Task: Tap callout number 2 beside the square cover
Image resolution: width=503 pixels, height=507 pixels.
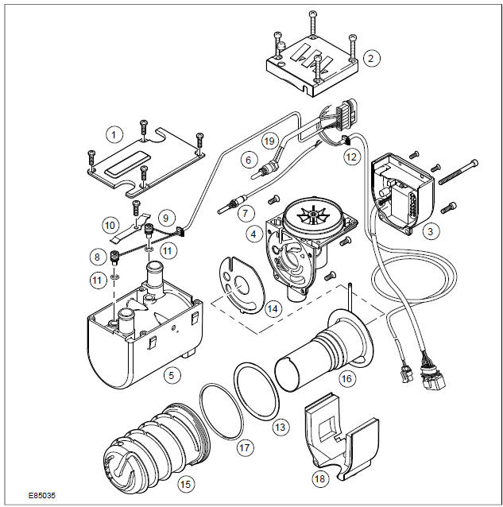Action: point(369,58)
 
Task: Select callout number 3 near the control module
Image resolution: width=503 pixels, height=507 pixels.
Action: point(430,232)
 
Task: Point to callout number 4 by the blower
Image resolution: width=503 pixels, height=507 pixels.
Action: point(253,234)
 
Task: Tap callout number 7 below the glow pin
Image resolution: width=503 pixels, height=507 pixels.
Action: point(245,213)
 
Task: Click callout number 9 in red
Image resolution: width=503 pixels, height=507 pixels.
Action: point(166,216)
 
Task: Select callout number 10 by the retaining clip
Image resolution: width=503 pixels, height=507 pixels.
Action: point(110,226)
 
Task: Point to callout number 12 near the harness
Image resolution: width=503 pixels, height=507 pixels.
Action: point(351,157)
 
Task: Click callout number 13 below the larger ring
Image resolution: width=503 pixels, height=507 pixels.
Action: point(278,427)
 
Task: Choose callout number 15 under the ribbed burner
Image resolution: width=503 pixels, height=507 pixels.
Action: point(186,482)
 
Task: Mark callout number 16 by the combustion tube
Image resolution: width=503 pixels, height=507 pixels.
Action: point(346,379)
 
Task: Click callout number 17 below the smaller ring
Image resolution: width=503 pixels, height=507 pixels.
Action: point(245,448)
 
